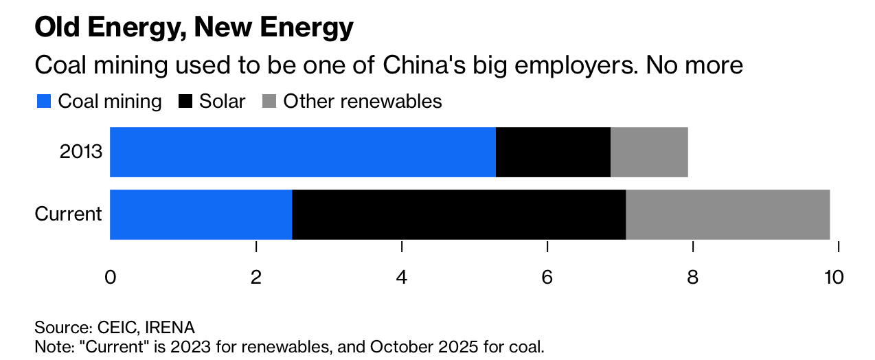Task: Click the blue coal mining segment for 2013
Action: click(x=302, y=152)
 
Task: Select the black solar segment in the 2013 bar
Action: click(x=553, y=152)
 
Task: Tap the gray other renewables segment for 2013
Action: click(x=649, y=152)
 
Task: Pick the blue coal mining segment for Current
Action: click(x=201, y=214)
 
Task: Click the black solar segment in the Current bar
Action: click(x=459, y=214)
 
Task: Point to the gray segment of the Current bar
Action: click(x=727, y=214)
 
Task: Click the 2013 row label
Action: click(x=81, y=152)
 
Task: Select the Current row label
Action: click(x=68, y=214)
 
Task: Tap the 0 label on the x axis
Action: click(x=110, y=278)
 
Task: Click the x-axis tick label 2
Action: click(x=256, y=278)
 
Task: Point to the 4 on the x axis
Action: click(x=402, y=278)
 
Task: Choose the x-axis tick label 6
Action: click(x=547, y=278)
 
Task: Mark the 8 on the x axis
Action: click(x=693, y=278)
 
